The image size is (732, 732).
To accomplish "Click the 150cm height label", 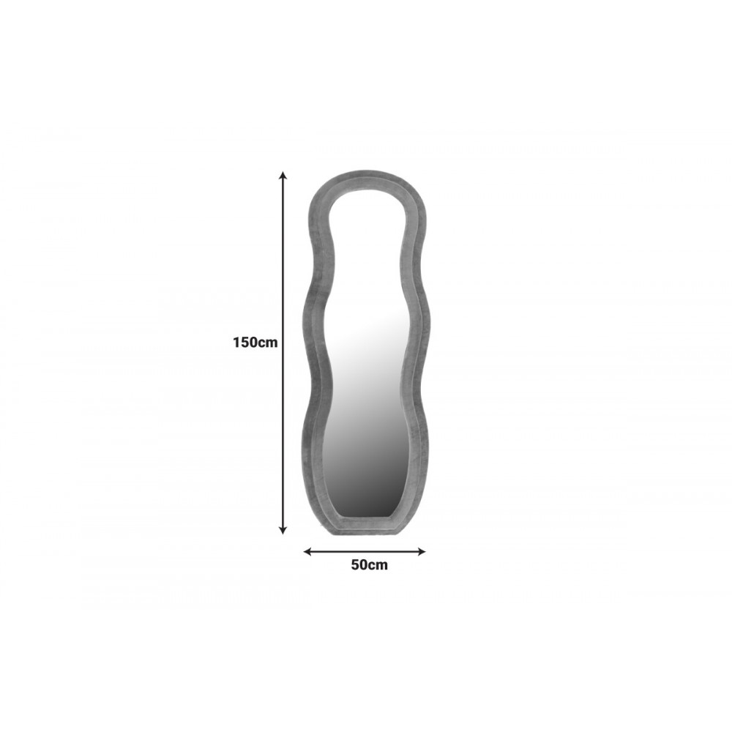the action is coord(255,343).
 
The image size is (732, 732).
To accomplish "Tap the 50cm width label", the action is coord(369,565).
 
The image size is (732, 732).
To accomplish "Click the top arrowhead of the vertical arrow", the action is coord(283,176).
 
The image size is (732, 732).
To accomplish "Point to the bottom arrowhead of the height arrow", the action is coord(283,530).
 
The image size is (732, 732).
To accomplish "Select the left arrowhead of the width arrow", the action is coord(307,552).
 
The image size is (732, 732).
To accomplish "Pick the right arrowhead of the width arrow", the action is coord(421,552).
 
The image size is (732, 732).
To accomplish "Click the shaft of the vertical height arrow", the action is coord(283,353).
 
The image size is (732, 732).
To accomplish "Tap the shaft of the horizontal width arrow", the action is coord(365,552).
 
